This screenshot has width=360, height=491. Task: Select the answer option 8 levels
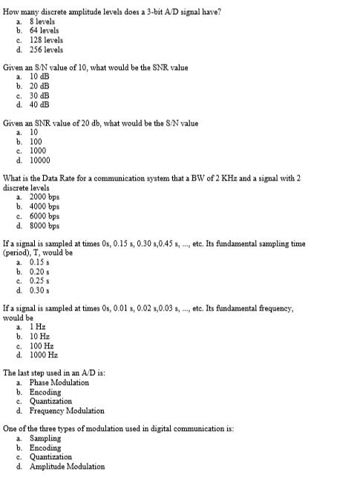[x=42, y=22]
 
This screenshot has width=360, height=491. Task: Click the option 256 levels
[x=46, y=50]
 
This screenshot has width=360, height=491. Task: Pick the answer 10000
[x=39, y=160]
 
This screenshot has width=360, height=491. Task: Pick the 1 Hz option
[x=37, y=327]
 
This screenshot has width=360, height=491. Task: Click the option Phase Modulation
[x=59, y=383]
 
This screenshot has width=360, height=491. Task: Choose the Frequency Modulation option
[x=66, y=411]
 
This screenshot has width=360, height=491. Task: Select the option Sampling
[x=45, y=438]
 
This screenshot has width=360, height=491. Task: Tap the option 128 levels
[x=46, y=40]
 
